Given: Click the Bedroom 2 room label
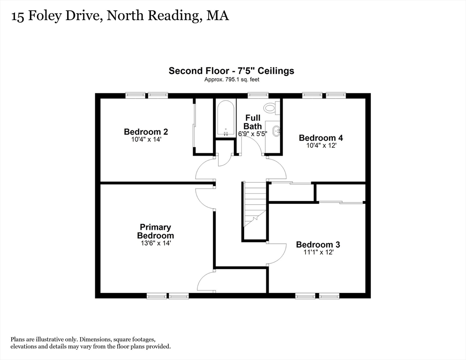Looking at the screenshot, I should (x=146, y=132).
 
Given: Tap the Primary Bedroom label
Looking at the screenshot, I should (x=155, y=231).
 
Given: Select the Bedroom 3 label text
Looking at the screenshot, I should (x=318, y=244).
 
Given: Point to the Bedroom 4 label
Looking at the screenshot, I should (x=321, y=137).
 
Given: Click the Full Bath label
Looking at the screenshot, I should (x=253, y=122).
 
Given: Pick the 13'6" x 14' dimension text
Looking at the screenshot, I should (x=155, y=243).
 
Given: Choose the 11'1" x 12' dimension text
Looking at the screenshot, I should (x=318, y=252).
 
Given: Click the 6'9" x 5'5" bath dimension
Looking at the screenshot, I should (x=253, y=134).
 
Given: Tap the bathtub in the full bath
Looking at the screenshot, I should (x=225, y=118).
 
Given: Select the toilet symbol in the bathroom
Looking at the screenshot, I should (x=271, y=108).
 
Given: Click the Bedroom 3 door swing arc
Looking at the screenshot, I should (x=278, y=254).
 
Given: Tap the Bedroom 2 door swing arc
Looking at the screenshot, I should (x=204, y=170).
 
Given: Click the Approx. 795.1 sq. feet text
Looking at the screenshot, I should (x=232, y=80).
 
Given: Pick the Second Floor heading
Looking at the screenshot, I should (x=232, y=71).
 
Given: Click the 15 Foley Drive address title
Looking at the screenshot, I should (x=120, y=15).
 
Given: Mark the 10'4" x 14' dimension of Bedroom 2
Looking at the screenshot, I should (x=146, y=140).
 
